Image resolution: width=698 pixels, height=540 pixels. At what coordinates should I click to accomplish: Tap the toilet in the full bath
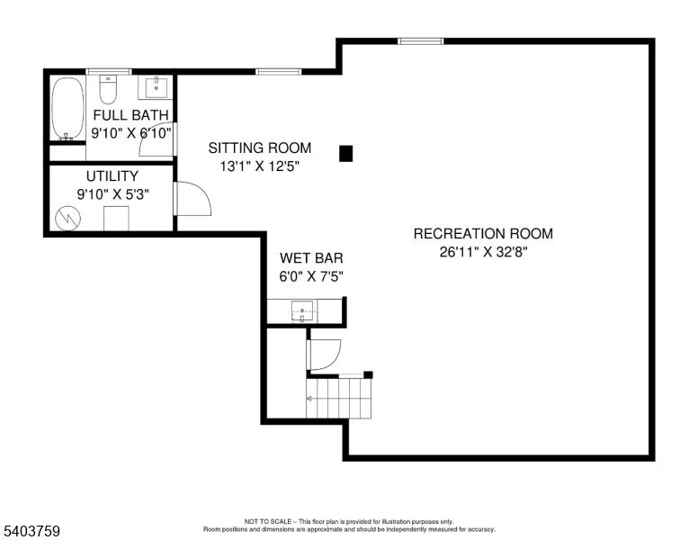tap(108, 89)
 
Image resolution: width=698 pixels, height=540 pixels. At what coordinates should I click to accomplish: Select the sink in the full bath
tap(157, 86)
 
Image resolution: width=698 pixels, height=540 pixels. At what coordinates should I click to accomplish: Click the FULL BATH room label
tap(131, 115)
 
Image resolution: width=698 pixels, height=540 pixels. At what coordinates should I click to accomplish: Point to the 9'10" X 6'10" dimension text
tap(131, 132)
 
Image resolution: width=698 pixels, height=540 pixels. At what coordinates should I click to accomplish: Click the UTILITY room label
tap(112, 176)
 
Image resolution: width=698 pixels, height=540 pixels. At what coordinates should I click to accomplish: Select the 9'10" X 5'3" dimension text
tap(112, 193)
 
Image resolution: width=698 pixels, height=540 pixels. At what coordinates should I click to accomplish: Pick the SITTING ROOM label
tap(260, 148)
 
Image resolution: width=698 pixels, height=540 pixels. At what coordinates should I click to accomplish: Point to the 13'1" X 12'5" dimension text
tap(259, 166)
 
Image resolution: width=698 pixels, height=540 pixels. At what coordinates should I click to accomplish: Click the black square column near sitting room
tap(346, 154)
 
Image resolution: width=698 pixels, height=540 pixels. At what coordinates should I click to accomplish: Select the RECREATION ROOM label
tap(483, 234)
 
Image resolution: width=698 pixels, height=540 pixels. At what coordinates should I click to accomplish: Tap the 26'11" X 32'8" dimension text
tap(483, 252)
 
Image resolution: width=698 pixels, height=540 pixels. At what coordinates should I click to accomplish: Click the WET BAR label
tap(311, 258)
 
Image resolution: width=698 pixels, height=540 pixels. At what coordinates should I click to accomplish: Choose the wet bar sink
tap(304, 313)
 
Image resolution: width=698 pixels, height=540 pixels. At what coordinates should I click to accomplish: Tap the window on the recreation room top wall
tap(421, 40)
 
